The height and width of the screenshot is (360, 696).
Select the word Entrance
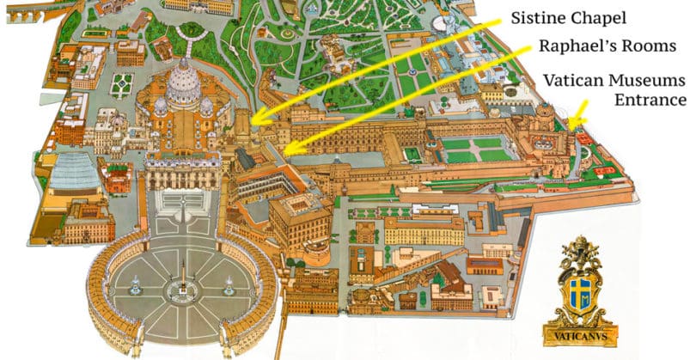(650, 101)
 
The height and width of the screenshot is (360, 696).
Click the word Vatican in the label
(573, 82)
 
